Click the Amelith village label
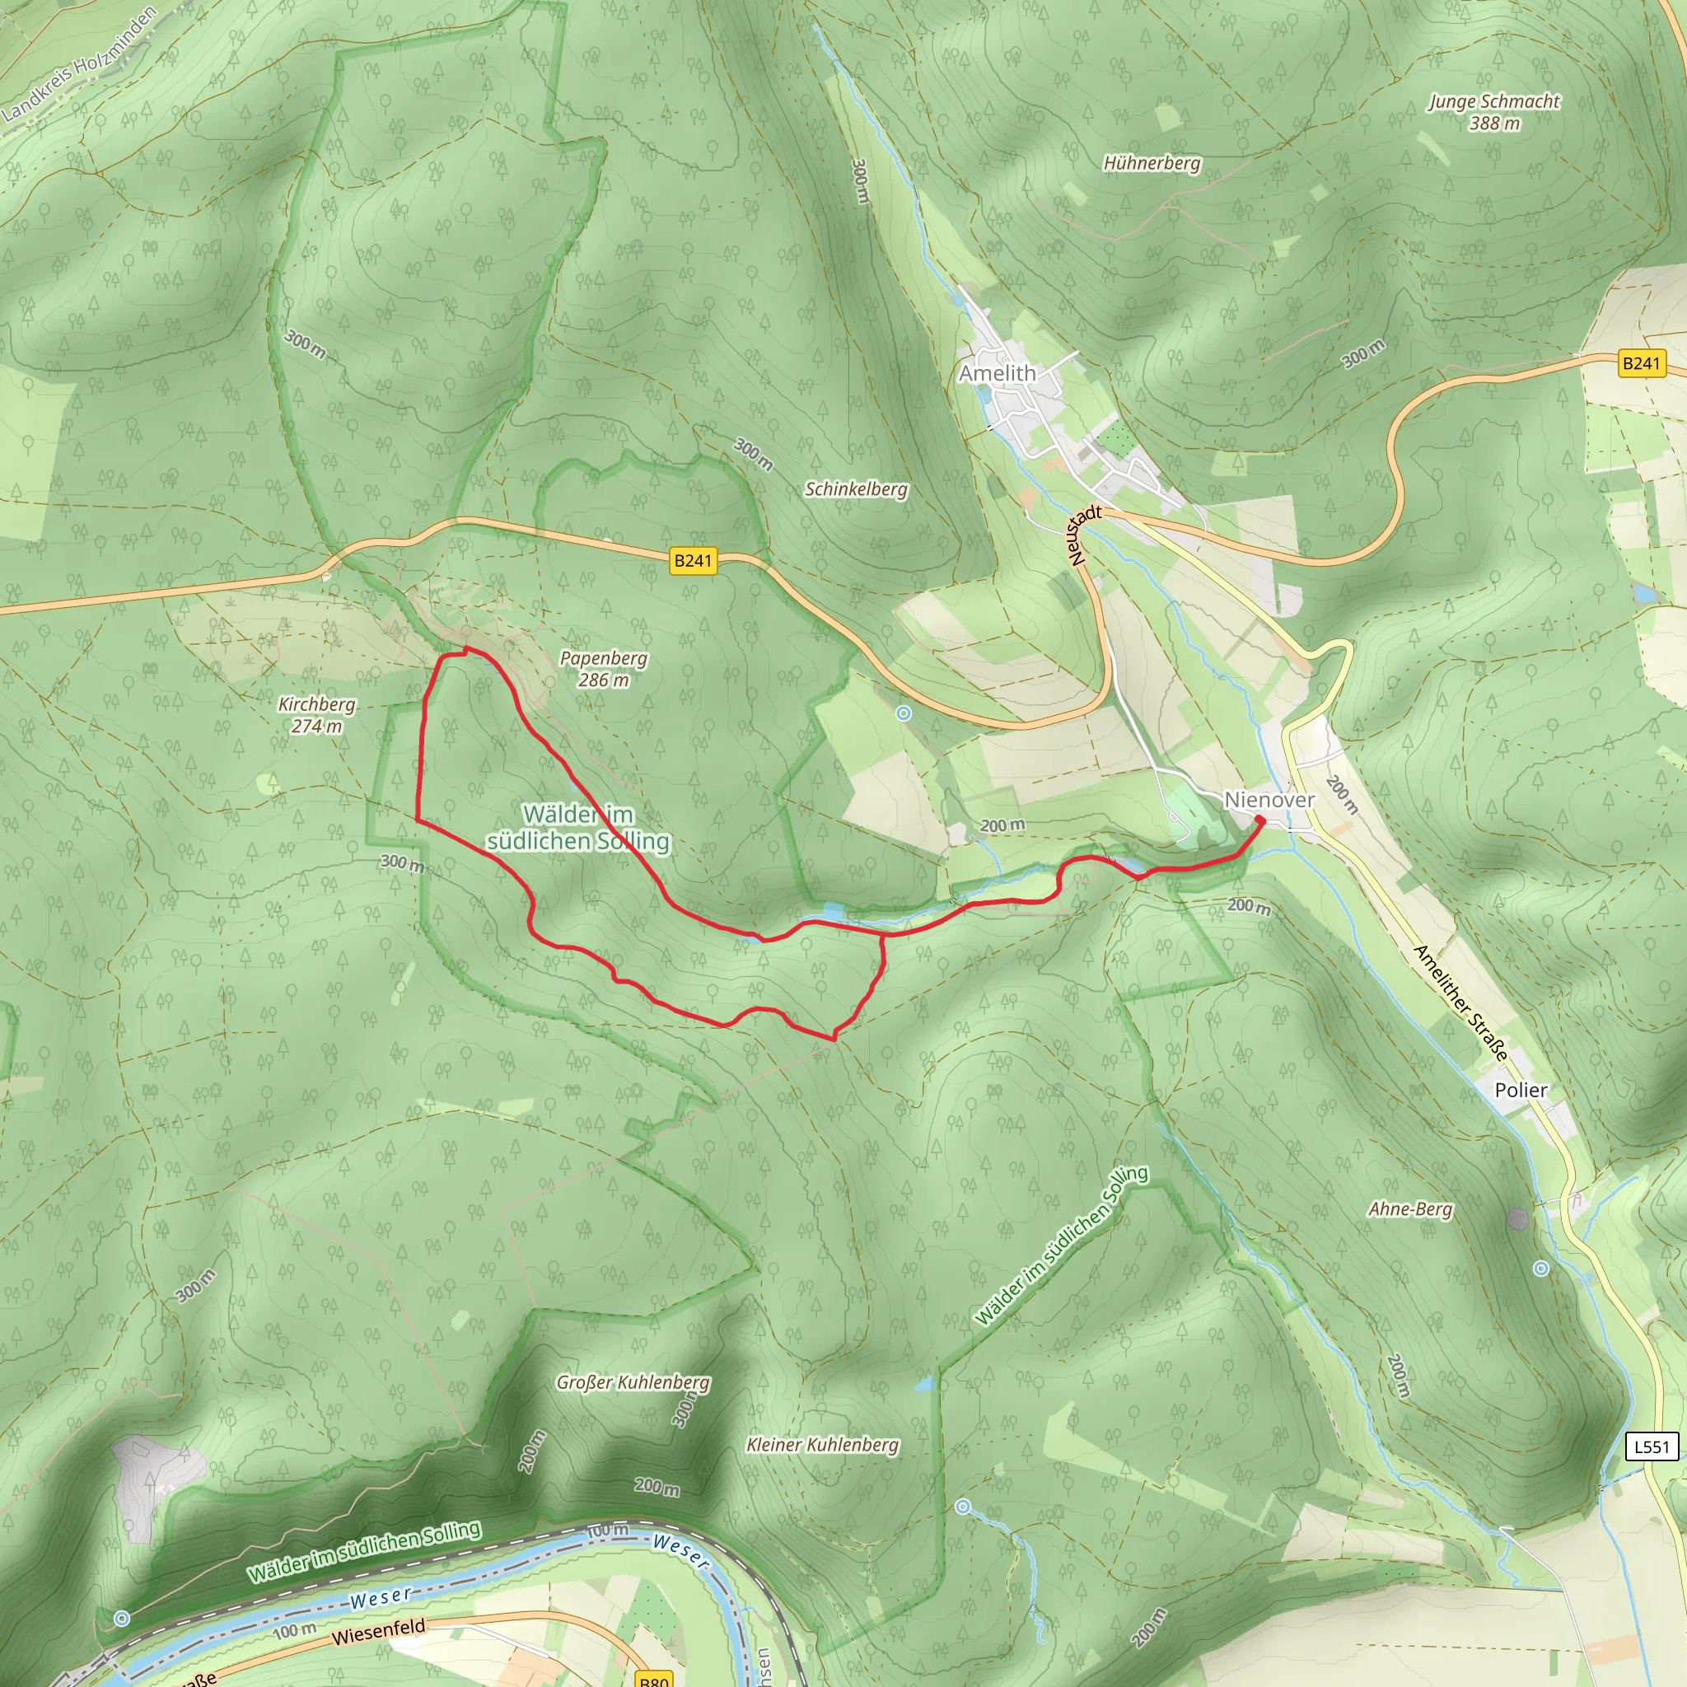tap(998, 374)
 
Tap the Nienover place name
tap(1269, 800)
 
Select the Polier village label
tap(1521, 1090)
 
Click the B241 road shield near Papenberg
tap(694, 561)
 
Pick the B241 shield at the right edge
tap(1641, 363)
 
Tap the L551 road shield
tap(1652, 1446)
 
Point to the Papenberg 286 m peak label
tap(603, 669)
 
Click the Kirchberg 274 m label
tap(317, 714)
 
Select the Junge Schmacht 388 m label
tap(1494, 113)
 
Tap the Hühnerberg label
tap(1152, 163)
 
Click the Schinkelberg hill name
tap(856, 489)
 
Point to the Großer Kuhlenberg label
tap(633, 1382)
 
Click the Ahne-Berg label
tap(1410, 1209)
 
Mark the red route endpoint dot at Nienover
tap(1260, 820)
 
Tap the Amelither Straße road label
tap(1460, 1003)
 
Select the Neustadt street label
tap(1081, 535)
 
